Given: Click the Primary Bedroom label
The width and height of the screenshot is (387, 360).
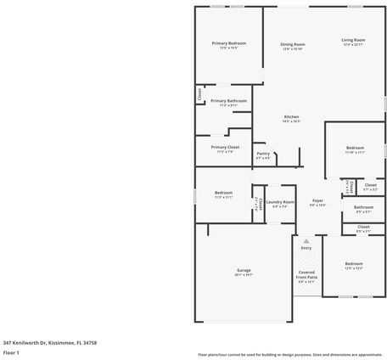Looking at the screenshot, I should [229, 42].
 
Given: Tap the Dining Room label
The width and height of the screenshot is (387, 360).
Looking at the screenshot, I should [293, 44].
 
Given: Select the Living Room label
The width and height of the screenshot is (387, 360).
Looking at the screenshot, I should [353, 40].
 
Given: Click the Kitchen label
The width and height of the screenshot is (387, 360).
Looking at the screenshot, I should [291, 116].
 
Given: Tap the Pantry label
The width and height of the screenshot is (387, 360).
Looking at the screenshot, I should [263, 154].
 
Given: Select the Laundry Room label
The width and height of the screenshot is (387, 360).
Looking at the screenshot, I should [279, 202].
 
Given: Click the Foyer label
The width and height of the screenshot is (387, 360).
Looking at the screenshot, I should [317, 200].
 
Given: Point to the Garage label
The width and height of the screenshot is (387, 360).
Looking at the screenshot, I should [244, 270].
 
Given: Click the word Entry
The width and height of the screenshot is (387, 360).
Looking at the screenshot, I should [306, 248].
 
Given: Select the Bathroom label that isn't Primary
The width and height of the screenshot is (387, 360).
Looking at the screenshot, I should [363, 207].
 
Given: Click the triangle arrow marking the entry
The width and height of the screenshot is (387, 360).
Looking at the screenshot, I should [306, 241].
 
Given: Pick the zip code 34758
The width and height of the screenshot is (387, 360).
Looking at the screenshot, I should [90, 342].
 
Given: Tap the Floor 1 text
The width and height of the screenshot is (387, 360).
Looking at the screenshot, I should [11, 352].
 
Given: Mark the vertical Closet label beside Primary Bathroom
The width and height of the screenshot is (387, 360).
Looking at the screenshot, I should [200, 93].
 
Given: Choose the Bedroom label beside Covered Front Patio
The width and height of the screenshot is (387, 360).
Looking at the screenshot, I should [353, 264].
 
